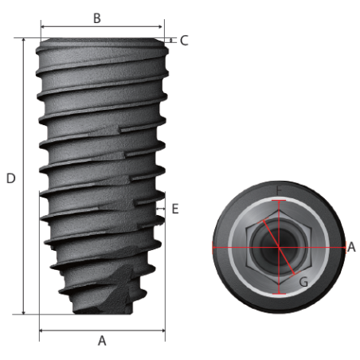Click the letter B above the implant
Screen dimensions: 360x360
tap(96, 18)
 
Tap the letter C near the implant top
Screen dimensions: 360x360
tap(184, 40)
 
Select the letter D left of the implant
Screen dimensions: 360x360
tap(10, 178)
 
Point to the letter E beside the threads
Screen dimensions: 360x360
tap(175, 209)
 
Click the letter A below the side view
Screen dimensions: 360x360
tap(101, 340)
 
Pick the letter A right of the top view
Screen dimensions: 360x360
tap(351, 247)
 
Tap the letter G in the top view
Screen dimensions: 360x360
tap(303, 281)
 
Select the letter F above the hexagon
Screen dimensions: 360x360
tap(279, 190)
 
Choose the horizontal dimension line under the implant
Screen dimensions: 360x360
tap(102, 328)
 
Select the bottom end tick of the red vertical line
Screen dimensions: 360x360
tap(279, 293)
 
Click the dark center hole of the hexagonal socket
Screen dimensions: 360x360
tap(279, 247)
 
